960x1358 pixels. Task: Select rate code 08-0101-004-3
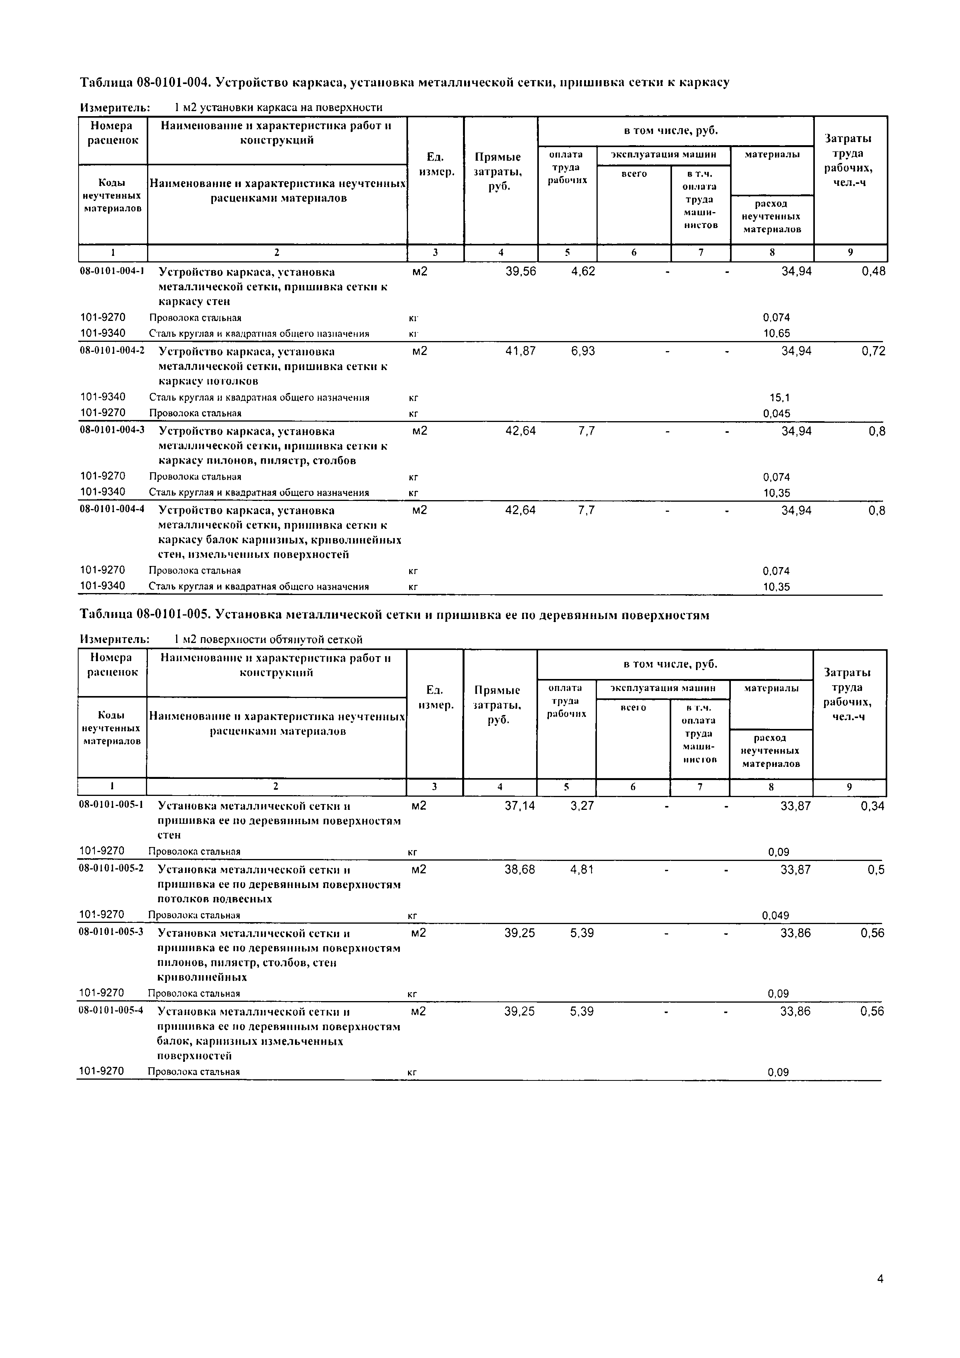[x=112, y=430]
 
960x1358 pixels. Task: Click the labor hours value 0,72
[x=873, y=352]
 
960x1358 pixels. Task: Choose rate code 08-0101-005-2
[x=111, y=869]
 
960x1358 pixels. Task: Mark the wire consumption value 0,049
[x=775, y=916]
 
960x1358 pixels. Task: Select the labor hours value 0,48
[x=873, y=271]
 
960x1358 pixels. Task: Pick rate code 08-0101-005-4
[x=111, y=1010]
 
